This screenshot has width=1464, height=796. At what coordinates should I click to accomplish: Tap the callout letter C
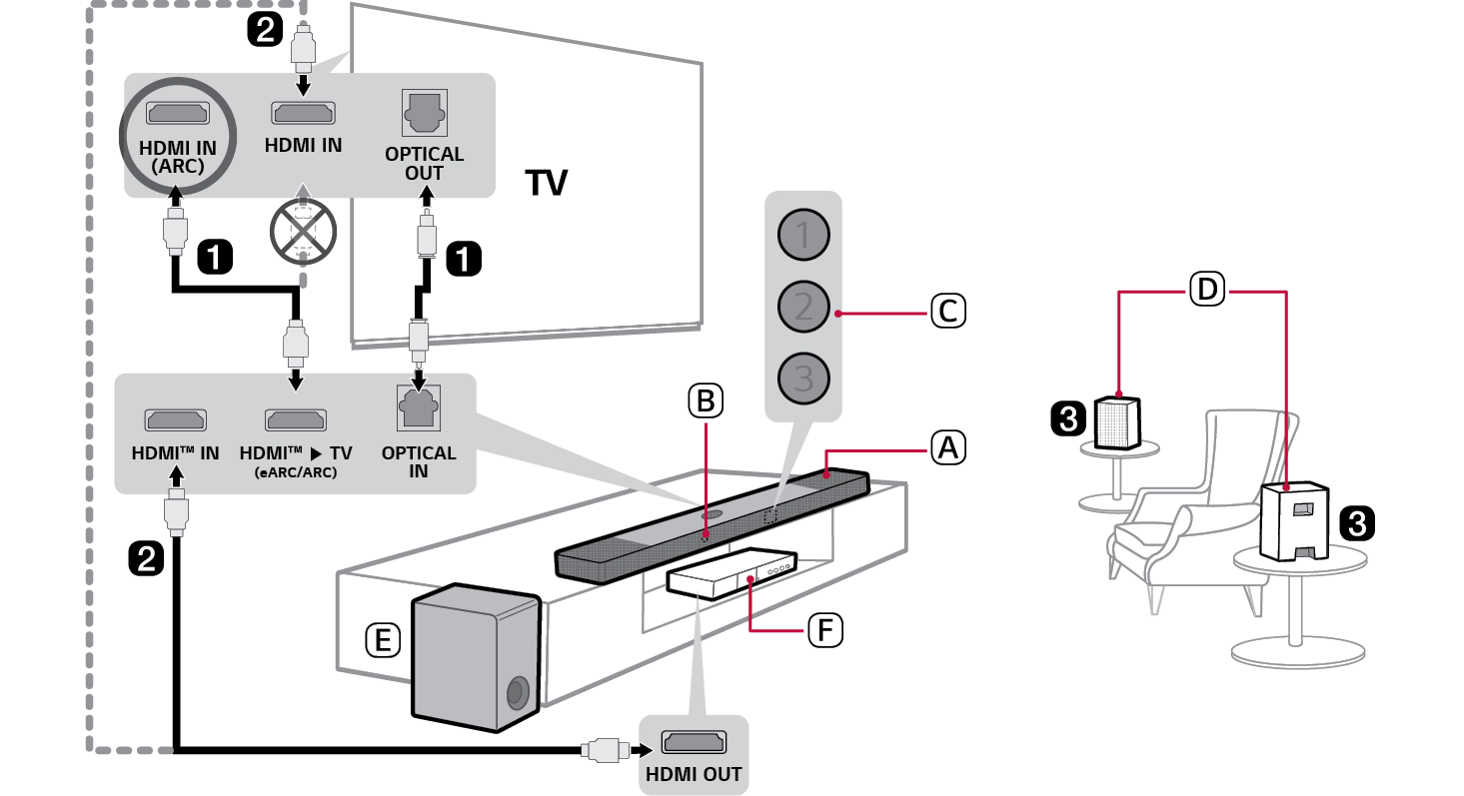point(947,311)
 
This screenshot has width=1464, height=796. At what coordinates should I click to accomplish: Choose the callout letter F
point(824,629)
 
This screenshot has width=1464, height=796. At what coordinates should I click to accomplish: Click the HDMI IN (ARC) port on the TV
point(176,115)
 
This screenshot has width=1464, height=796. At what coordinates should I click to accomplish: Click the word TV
point(546,184)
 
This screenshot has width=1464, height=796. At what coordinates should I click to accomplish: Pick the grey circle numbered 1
point(803,236)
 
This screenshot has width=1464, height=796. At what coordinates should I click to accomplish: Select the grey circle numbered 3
point(803,378)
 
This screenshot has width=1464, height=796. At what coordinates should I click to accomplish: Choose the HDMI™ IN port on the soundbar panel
point(176,419)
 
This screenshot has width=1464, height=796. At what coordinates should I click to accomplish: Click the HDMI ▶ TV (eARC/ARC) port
point(295,419)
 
